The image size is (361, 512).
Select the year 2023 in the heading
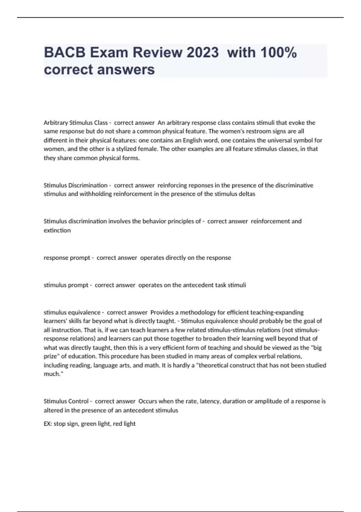[202, 52]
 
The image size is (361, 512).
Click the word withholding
[95, 194]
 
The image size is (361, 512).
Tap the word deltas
[247, 194]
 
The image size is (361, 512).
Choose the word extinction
[57, 230]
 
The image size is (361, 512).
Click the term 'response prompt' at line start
[67, 258]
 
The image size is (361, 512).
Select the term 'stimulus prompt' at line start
[66, 285]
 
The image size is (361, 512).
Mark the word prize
[50, 356]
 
